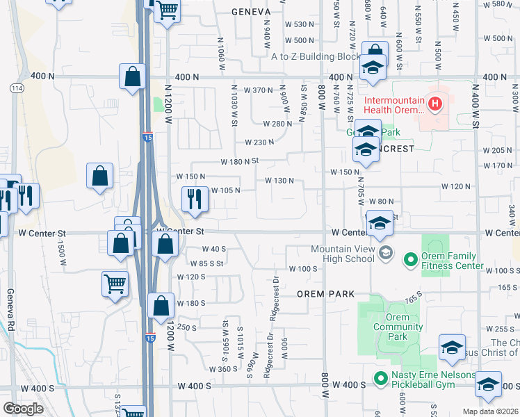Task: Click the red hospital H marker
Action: click(435, 105)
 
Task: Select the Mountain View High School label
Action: click(343, 254)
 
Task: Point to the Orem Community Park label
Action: click(398, 332)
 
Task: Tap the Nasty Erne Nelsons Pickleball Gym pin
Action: click(380, 379)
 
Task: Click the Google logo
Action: click(23, 408)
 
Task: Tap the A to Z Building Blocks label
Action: click(316, 56)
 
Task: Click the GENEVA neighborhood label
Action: click(250, 12)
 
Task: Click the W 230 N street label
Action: click(259, 142)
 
